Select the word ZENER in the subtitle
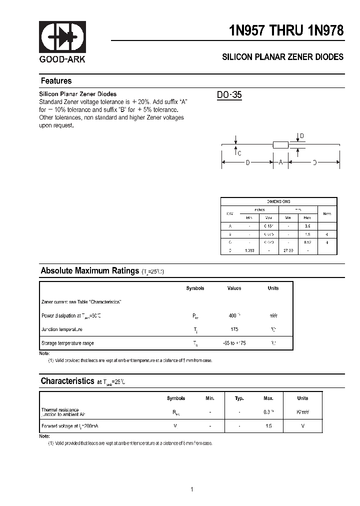pyautogui.click(x=287, y=57)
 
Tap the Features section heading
pyautogui.click(x=56, y=81)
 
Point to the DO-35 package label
pyautogui.click(x=229, y=94)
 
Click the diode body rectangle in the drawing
pyautogui.click(x=280, y=145)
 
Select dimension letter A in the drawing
pyautogui.click(x=280, y=162)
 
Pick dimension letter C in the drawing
pyautogui.click(x=239, y=153)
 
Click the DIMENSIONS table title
pyautogui.click(x=278, y=201)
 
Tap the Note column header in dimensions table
pyautogui.click(x=327, y=213)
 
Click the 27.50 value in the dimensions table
pyautogui.click(x=288, y=250)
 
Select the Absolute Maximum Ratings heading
pyautogui.click(x=89, y=271)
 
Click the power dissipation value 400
pyautogui.click(x=233, y=316)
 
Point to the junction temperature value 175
pyautogui.click(x=234, y=329)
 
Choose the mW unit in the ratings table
pyautogui.click(x=273, y=316)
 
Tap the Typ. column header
pyautogui.click(x=239, y=398)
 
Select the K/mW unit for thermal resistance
pyautogui.click(x=302, y=412)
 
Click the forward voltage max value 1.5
pyautogui.click(x=268, y=425)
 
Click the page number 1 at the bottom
pyautogui.click(x=191, y=489)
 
